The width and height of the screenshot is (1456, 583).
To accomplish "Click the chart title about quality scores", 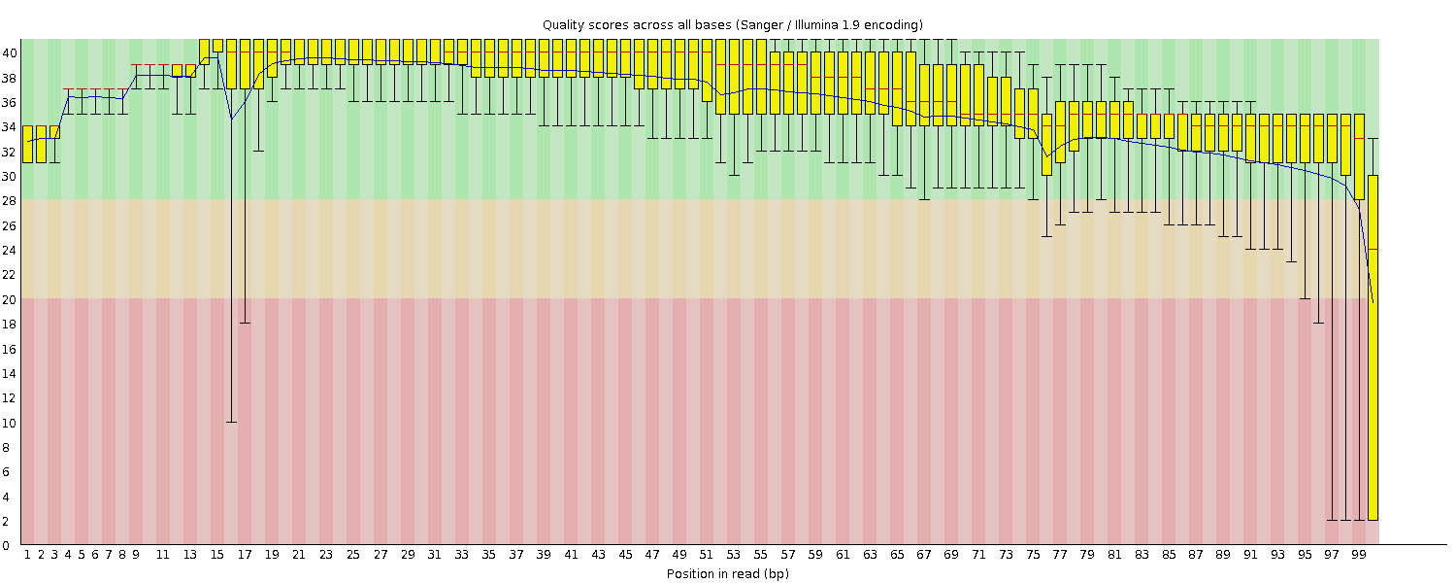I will point(732,24).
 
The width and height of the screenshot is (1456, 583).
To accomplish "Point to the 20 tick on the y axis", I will point(9,299).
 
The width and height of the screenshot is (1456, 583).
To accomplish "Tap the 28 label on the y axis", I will point(9,201).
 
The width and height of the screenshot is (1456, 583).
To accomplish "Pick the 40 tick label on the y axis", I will point(9,53).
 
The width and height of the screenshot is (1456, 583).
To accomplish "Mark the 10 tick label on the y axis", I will point(9,423).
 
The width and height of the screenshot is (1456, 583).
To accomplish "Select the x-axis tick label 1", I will point(27,555).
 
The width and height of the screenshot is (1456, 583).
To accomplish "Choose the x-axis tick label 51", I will point(707,555).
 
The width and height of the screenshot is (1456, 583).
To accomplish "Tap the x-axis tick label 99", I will point(1359,555).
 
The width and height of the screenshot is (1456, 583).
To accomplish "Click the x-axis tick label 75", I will point(1033,555).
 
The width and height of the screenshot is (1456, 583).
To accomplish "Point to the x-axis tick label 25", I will point(353,555).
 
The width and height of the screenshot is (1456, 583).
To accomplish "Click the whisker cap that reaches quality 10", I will point(231,422).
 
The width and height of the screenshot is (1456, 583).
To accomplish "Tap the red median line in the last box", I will point(1373,250).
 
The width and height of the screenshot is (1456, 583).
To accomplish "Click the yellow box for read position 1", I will point(27,144).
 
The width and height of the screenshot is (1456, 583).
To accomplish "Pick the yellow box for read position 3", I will point(54,132).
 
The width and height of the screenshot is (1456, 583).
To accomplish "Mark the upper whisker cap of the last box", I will point(1373,139).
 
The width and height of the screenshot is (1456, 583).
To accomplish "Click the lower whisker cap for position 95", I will point(1305,299).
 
